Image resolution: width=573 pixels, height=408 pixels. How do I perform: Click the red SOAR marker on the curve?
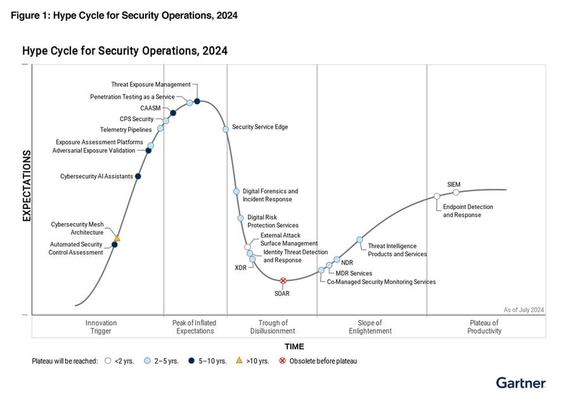283,280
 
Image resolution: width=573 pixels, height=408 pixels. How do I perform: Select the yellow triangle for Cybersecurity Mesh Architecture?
117,238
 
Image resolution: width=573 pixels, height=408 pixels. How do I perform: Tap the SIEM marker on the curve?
456,193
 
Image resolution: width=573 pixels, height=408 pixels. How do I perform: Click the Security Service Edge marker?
225,129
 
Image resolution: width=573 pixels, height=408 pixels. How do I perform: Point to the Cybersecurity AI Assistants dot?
138,176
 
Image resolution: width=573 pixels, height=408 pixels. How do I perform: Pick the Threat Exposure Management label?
151,84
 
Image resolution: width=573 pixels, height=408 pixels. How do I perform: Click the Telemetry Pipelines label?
126,130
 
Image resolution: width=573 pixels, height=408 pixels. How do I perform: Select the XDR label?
240,268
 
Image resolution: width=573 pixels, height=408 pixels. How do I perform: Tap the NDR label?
347,262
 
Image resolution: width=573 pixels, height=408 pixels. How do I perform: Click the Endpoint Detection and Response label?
468,211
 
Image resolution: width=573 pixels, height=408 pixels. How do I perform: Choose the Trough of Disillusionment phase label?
273,327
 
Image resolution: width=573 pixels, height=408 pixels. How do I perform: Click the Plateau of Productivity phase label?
484,327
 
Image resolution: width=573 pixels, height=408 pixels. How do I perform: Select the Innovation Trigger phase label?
101,327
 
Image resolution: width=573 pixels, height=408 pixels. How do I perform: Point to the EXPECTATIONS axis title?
27,186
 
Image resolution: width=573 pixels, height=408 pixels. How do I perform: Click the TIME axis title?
294,347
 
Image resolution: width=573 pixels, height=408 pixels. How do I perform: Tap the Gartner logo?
520,383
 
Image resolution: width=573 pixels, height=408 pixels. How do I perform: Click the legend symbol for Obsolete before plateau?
283,361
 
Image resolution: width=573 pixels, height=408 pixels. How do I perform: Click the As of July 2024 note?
524,310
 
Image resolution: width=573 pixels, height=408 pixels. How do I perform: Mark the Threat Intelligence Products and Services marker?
359,239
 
